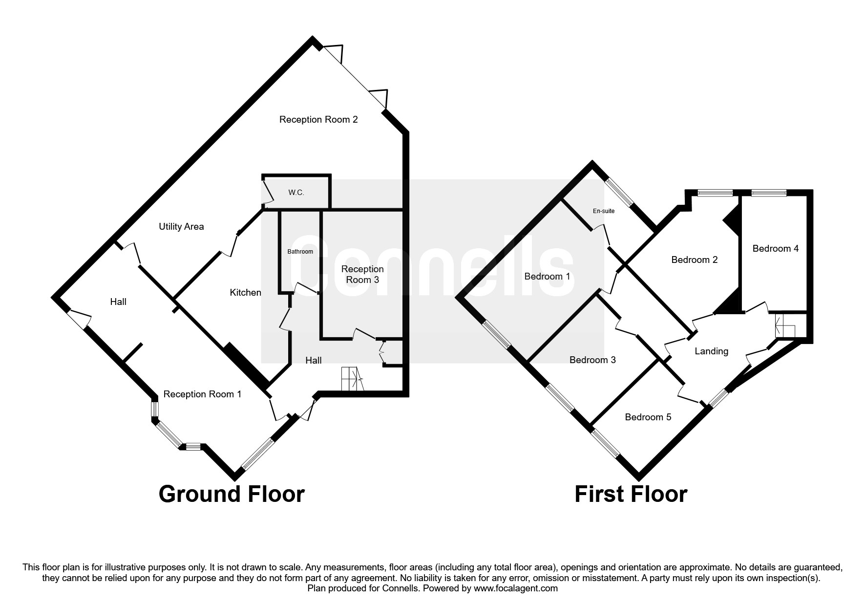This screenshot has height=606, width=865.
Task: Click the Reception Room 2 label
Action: pos(318,120)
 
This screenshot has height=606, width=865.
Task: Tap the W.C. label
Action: pos(296,193)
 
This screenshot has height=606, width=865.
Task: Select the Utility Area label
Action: pos(181,227)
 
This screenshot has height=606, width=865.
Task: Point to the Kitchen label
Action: pos(246,293)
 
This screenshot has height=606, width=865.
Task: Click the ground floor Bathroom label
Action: pos(300,252)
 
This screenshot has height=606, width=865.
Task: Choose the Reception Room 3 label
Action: pos(362,275)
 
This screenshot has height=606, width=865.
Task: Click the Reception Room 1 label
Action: pos(202,394)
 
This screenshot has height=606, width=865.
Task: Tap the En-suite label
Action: pos(604,211)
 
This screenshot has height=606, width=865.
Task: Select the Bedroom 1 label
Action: pos(547,277)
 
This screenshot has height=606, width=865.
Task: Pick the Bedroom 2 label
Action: pos(695,260)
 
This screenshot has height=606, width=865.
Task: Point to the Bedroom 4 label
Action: pos(776,249)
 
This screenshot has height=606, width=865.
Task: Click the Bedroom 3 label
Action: pos(592,360)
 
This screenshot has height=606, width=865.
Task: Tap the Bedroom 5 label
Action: pos(648,417)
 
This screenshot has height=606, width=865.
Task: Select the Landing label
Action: pos(712,351)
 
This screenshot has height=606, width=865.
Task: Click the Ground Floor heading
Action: pos(232,494)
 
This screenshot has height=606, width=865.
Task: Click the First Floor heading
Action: pos(631,494)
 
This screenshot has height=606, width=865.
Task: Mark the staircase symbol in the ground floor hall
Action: pos(353,379)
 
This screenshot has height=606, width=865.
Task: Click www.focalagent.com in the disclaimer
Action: pos(516,588)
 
